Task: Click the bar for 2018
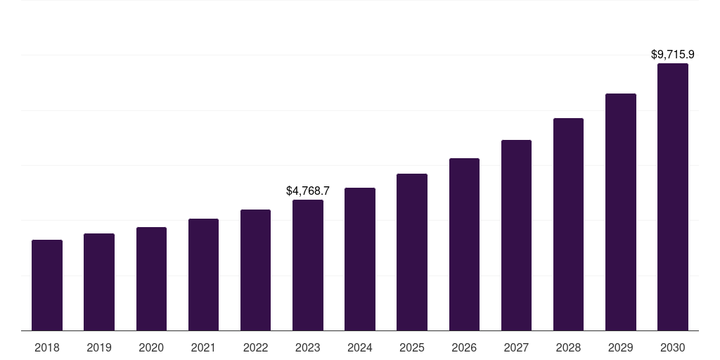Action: click(x=47, y=285)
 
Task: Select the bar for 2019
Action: click(x=99, y=282)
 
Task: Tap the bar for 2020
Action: click(x=151, y=278)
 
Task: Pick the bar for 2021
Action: click(x=203, y=274)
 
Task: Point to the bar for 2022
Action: click(x=255, y=270)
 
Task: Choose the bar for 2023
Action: click(x=308, y=265)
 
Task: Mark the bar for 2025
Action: click(x=412, y=252)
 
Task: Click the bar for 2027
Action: click(x=516, y=235)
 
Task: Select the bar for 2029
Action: click(x=620, y=212)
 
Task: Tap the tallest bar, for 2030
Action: click(x=672, y=197)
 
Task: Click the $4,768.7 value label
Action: click(x=308, y=191)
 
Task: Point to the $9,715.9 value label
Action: click(x=672, y=54)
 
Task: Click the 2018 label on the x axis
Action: click(x=47, y=347)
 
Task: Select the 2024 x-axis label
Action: click(x=360, y=347)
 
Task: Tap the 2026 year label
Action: click(x=464, y=347)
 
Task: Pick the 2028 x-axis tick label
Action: click(x=568, y=347)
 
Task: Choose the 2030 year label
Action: click(x=672, y=347)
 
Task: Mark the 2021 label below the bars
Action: click(x=203, y=347)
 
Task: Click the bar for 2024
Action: click(x=360, y=259)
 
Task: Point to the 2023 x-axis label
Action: click(x=308, y=347)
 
